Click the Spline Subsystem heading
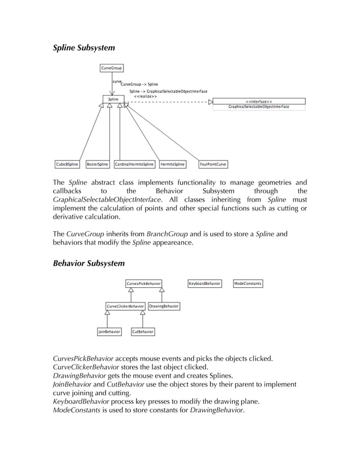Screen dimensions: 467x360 click(84, 49)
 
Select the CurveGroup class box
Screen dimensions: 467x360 click(111, 68)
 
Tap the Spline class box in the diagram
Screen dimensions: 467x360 click(113, 99)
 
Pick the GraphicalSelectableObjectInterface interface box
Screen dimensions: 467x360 click(258, 104)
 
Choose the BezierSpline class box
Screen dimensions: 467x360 click(98, 165)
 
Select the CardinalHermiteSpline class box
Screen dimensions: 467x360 click(134, 165)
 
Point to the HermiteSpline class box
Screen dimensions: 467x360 click(173, 165)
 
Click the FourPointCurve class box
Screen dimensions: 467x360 click(214, 165)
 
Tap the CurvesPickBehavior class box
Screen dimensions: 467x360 click(143, 283)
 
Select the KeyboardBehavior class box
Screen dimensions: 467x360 click(205, 283)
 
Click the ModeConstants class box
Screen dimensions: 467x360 click(248, 283)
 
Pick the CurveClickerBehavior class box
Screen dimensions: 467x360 click(125, 306)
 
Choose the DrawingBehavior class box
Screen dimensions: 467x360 click(164, 306)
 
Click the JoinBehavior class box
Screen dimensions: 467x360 click(109, 332)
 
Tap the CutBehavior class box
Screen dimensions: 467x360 click(143, 332)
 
